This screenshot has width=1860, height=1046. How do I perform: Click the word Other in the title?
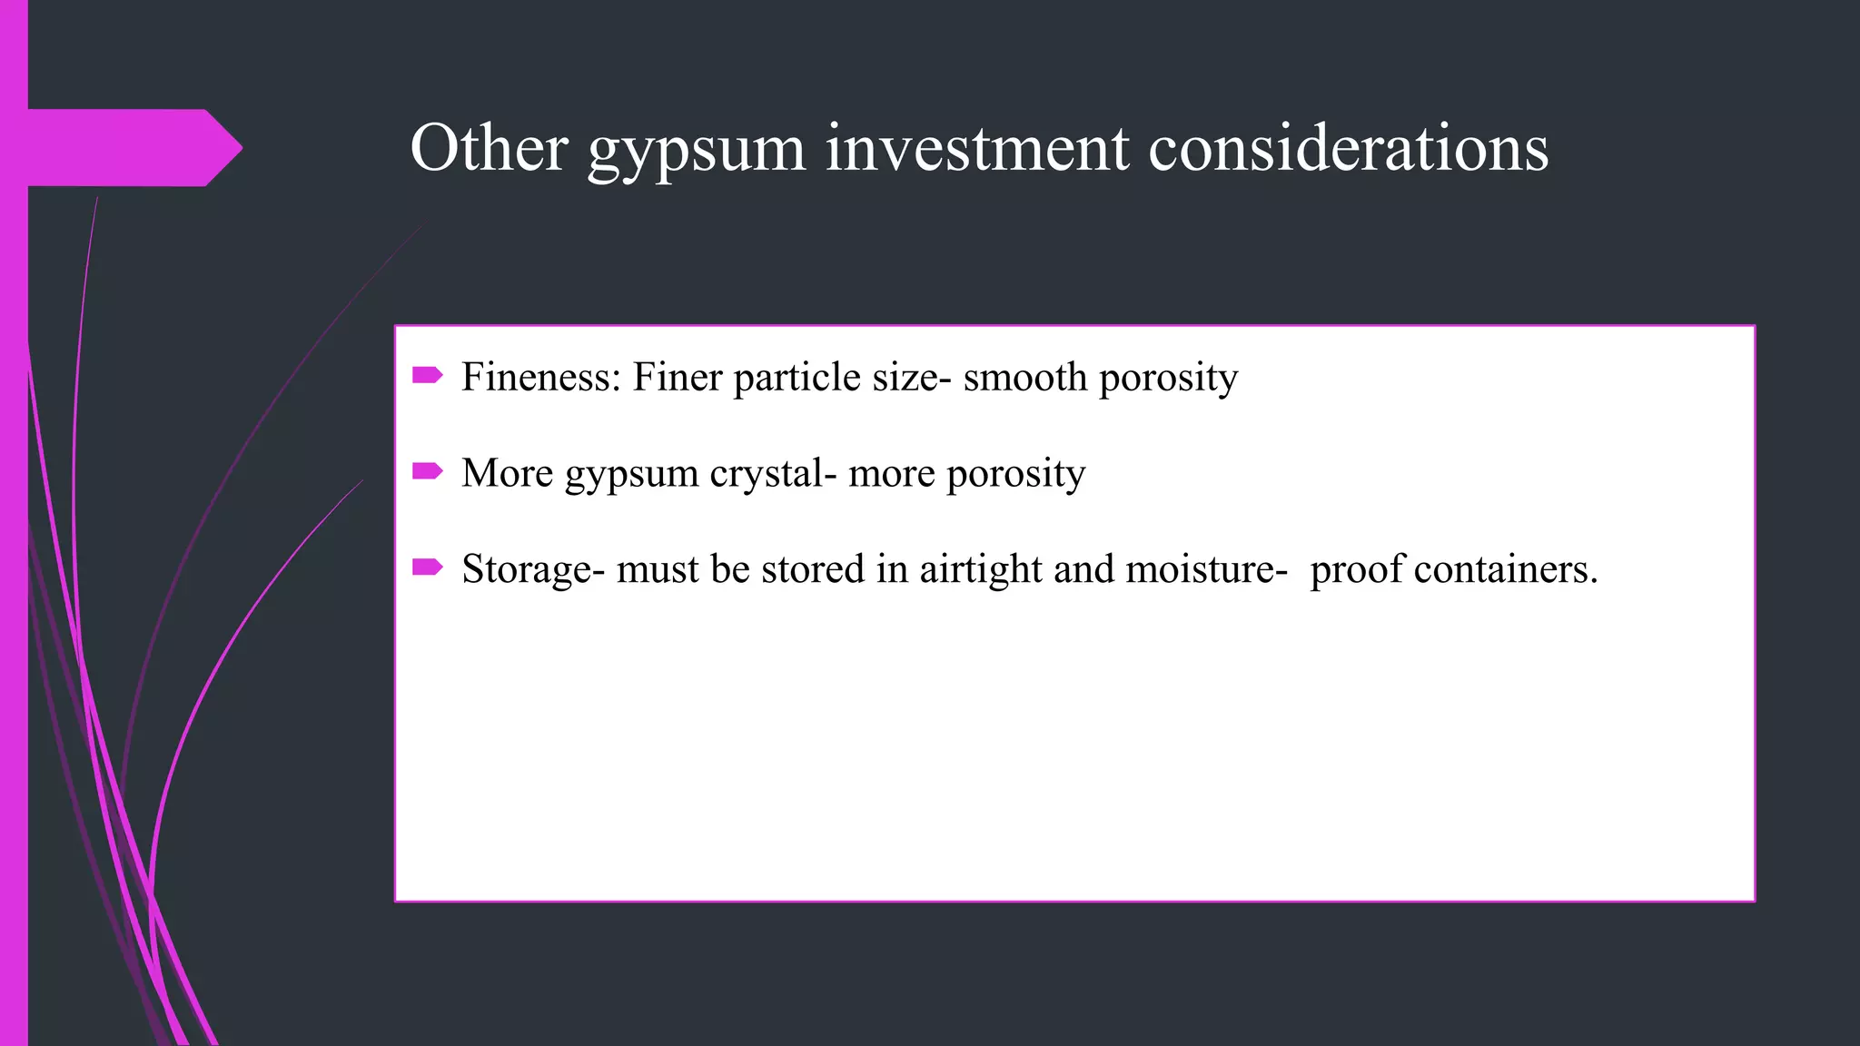coord(490,147)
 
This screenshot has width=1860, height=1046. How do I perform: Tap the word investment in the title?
coord(977,147)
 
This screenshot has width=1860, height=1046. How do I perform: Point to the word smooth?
coord(1024,377)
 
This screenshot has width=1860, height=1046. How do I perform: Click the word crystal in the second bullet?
coord(773,473)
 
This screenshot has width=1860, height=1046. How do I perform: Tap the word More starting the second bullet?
coord(507,473)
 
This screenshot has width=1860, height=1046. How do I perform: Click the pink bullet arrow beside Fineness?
coord(427,375)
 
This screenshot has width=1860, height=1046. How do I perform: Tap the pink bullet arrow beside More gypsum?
coord(427,470)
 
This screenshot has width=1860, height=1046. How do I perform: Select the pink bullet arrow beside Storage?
coord(427,567)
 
